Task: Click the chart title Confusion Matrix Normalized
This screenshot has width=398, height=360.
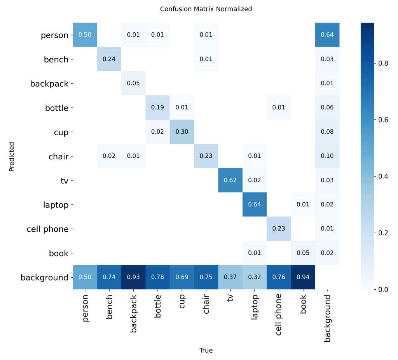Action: (206, 9)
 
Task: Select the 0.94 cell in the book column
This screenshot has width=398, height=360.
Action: (303, 278)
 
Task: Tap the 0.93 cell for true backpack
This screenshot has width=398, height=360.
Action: (133, 278)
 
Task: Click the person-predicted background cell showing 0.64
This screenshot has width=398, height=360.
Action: (327, 35)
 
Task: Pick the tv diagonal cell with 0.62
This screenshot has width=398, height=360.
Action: (230, 180)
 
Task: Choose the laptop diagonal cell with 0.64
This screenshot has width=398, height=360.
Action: (255, 204)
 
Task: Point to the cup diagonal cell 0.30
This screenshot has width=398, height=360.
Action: (182, 132)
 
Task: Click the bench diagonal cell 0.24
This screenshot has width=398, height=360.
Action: (109, 59)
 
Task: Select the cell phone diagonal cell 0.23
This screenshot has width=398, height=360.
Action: (279, 229)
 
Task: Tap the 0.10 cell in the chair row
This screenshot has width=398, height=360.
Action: (327, 156)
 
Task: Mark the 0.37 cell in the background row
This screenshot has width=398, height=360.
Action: (230, 278)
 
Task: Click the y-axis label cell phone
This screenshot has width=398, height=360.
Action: (47, 229)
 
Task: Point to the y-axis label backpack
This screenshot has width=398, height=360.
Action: (49, 84)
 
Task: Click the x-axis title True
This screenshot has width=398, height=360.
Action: (206, 350)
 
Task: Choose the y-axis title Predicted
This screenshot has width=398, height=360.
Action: (12, 156)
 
